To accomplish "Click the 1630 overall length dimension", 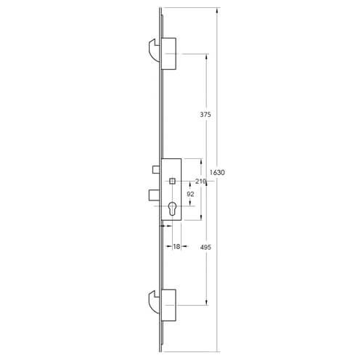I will (217, 173).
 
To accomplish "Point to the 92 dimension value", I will (190, 195).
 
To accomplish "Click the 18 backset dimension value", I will (176, 247).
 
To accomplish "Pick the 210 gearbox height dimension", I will (201, 182).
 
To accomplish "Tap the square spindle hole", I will (172, 180).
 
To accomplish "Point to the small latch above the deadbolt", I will (156, 169).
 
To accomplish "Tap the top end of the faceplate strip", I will (160, 9).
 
